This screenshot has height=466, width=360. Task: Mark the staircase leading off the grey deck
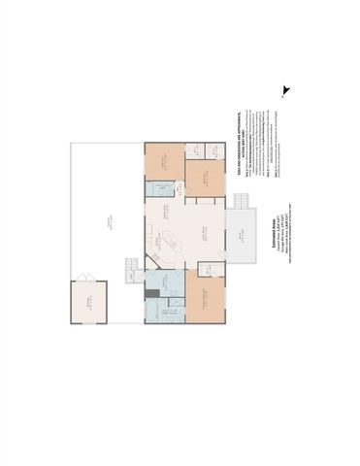coord(243,200)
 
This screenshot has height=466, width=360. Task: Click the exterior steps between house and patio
coord(133,276)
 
